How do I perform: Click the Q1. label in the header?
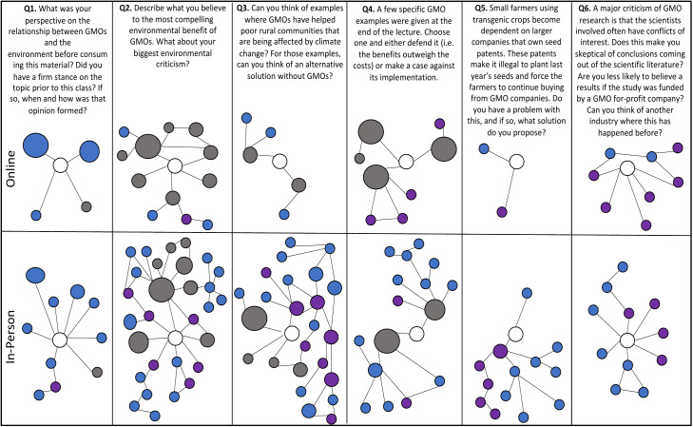(x=31, y=10)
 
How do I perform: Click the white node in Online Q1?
(x=60, y=165)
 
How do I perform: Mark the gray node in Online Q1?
(x=87, y=206)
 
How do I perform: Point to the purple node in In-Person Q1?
(x=55, y=386)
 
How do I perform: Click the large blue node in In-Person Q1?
(x=36, y=276)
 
